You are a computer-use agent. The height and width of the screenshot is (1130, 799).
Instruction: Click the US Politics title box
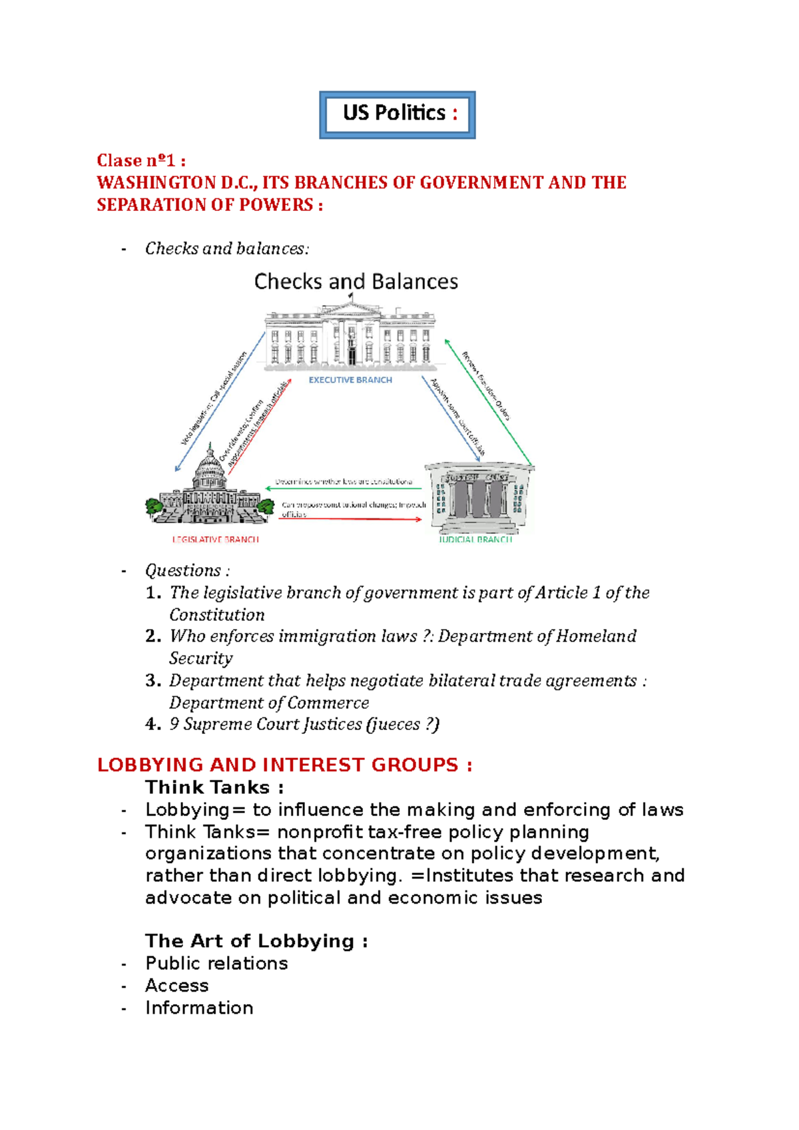pos(398,114)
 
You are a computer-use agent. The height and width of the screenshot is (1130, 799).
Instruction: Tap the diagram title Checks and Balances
pos(356,282)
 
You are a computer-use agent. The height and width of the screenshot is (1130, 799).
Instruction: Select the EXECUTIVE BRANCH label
pos(350,380)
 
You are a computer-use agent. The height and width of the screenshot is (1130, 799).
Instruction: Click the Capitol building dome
pos(210,469)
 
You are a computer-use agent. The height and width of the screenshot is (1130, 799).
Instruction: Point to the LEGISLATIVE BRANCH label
pos(215,539)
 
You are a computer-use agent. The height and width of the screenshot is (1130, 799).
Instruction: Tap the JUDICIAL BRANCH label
pos(475,539)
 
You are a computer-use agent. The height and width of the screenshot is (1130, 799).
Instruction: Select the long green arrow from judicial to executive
pos(489,403)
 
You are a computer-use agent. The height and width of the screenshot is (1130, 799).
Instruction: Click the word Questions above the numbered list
pos(183,570)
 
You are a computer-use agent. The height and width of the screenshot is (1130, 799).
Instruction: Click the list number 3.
pos(152,681)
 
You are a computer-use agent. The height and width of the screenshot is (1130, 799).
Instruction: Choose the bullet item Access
pos(176,986)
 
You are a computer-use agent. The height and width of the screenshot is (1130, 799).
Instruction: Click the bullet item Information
pos(199,1008)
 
